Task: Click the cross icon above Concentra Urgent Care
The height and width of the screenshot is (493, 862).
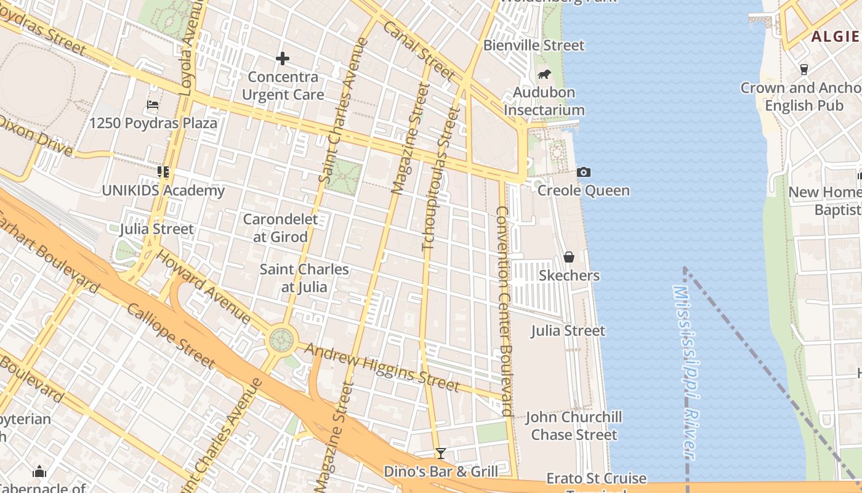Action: tap(283, 59)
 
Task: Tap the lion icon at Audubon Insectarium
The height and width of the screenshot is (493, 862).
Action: tap(544, 75)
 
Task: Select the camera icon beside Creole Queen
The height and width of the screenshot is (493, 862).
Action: tap(584, 173)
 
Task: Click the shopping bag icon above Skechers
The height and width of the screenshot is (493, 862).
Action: tap(569, 257)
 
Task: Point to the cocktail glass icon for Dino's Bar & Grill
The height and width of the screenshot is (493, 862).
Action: tap(440, 454)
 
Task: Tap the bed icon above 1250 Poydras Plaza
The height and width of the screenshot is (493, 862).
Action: tap(153, 105)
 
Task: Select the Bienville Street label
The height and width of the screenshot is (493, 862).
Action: tap(533, 45)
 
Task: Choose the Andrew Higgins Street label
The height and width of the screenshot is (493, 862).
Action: tap(382, 367)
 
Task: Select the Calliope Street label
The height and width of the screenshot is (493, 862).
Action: tap(171, 335)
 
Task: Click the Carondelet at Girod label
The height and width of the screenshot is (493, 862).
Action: tap(280, 228)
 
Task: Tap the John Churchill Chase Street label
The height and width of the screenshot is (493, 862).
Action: tap(573, 426)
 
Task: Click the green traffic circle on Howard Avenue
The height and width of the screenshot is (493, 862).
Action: tap(281, 338)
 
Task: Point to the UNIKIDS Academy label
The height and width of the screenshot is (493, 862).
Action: tap(163, 190)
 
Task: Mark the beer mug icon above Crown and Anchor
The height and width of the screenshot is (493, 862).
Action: tap(804, 69)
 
